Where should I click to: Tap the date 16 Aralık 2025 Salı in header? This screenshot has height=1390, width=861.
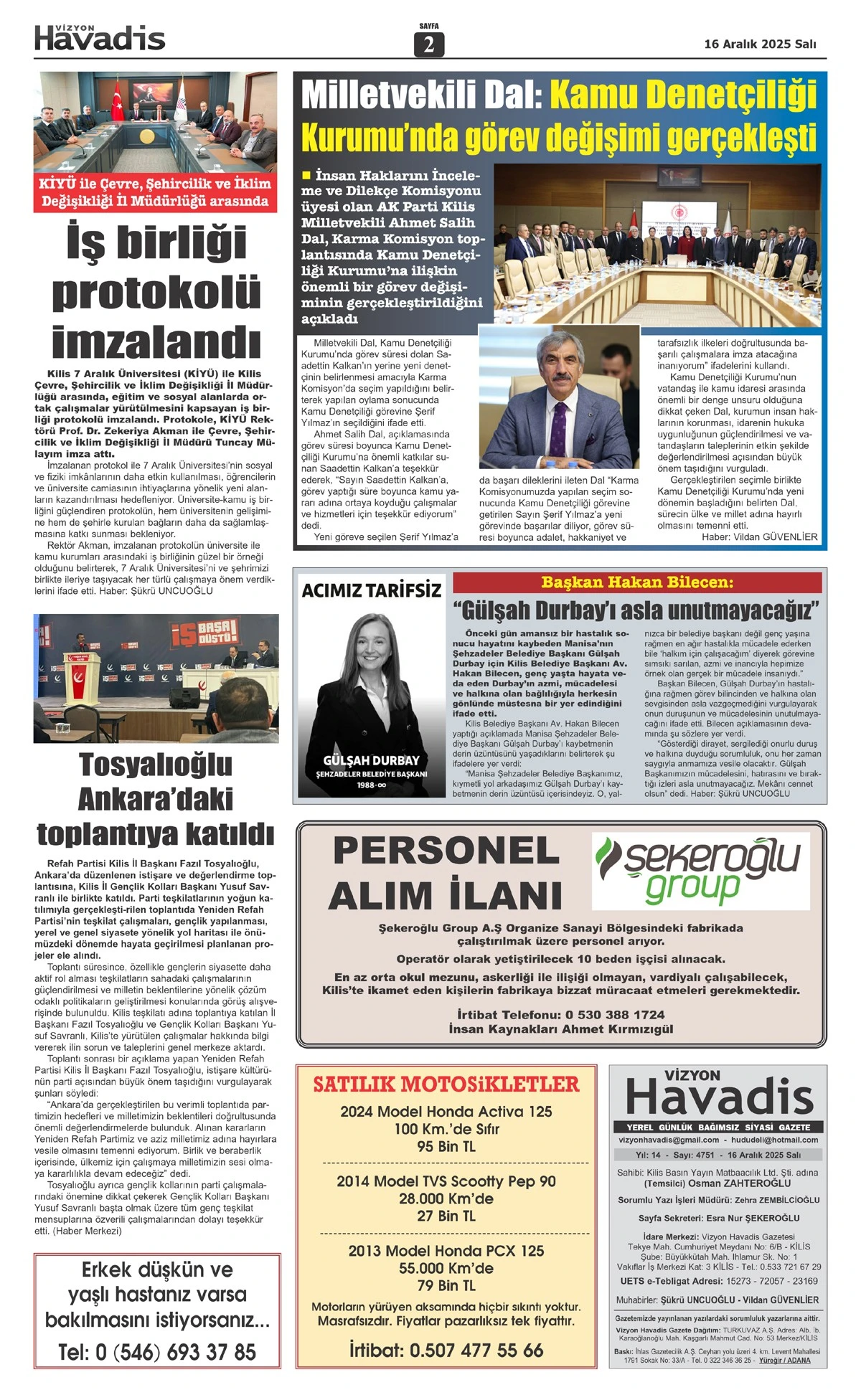coord(760,44)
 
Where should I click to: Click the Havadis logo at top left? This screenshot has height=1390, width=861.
coord(100,38)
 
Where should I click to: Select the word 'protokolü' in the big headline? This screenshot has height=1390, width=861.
coord(156,292)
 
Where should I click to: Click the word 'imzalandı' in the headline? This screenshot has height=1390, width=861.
coord(156,341)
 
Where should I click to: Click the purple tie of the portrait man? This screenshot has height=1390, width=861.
coord(559,425)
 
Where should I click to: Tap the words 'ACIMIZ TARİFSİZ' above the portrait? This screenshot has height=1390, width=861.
coord(371,590)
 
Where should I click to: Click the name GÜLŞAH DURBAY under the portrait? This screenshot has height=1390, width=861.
coord(371,760)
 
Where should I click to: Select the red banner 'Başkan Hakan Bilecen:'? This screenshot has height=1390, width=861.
coord(637,582)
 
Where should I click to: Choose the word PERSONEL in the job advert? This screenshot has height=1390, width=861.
coord(446,851)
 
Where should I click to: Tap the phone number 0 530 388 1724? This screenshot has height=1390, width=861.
coord(615,1014)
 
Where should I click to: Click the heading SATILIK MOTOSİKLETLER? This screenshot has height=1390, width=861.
coord(446,1084)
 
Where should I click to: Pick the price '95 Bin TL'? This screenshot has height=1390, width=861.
coord(446,1147)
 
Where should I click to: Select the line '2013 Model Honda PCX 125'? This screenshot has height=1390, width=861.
coord(446,1251)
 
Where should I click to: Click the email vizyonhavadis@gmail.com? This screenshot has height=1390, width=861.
coord(669,1140)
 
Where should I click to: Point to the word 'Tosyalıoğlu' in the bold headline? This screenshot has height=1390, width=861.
coord(156,765)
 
